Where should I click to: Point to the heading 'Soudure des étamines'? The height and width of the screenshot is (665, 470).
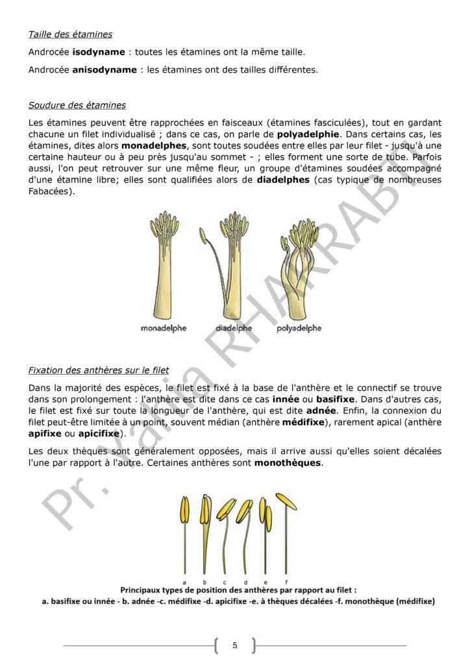pos(77,105)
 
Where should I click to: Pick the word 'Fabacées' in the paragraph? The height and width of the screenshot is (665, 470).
pos(51,192)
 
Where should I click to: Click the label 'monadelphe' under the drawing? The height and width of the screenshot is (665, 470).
pos(164,328)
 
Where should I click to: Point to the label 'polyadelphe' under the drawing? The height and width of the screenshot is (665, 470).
pos(299,328)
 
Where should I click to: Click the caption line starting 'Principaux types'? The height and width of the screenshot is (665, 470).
pos(239,590)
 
